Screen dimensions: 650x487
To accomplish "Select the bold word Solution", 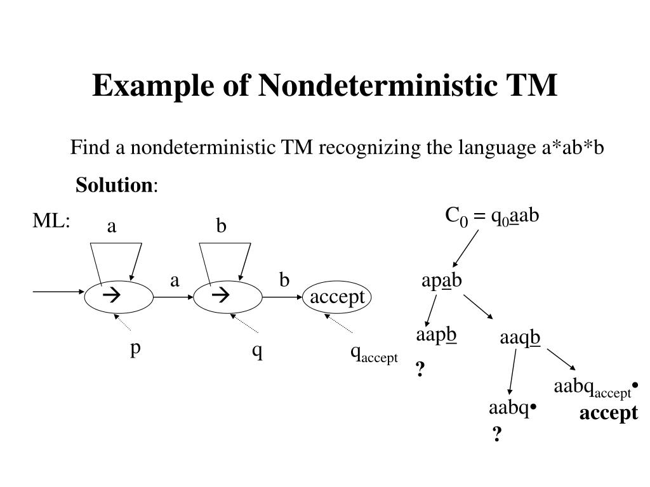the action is pos(114,185).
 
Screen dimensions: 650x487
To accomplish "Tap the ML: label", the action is pos(51,220).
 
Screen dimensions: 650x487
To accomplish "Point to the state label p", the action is pos(135,349).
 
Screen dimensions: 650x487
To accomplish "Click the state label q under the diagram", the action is pos(258,351).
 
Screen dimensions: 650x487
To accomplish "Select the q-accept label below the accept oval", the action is pos(374,354).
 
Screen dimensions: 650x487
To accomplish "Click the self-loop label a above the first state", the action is pos(112,226).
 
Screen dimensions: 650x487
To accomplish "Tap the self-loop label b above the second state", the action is pos(221,226).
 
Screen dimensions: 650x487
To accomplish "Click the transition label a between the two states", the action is pos(175,280).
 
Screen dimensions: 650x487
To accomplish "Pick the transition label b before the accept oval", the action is pos(284,280).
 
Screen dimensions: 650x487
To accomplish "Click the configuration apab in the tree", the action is pos(442,281).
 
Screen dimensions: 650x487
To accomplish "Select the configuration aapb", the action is pos(436,335).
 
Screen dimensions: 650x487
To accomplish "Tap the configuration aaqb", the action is pos(520,338).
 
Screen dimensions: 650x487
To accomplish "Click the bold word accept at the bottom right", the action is pos(609,413).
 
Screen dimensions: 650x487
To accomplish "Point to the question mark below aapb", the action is pos(420,369).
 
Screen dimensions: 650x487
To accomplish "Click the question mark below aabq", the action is pos(497,434).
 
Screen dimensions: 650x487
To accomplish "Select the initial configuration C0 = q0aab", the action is pos(492,216).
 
